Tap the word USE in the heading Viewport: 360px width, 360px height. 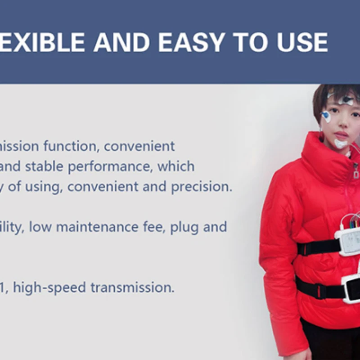click(302, 42)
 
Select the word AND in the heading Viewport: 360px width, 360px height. click(121, 42)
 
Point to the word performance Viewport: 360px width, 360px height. click(110, 166)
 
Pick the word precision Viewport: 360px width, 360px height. click(202, 187)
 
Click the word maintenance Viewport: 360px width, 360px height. click(97, 227)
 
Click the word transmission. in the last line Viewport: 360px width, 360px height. click(132, 288)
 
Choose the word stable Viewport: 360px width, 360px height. click(44, 166)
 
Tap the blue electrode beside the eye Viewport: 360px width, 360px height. click(326, 116)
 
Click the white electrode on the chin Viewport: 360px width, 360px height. click(341, 144)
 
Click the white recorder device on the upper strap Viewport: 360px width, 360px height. click(348, 242)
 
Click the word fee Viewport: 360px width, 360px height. click(154, 227)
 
